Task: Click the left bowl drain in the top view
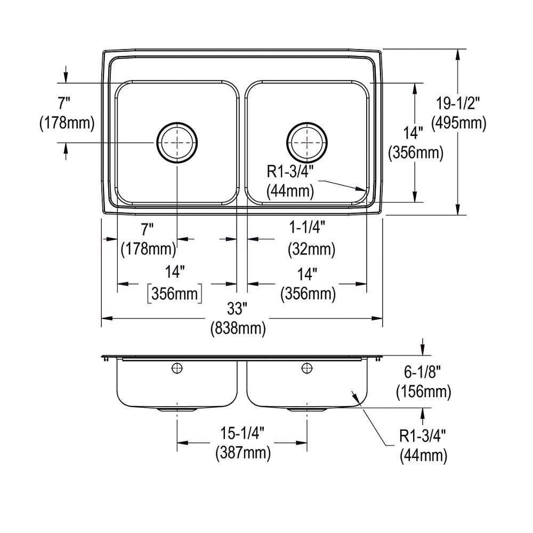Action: click(x=177, y=142)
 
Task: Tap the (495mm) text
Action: click(x=459, y=123)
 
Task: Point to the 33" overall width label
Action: click(x=238, y=308)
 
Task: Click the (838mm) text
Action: click(x=238, y=328)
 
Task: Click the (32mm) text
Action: click(x=312, y=248)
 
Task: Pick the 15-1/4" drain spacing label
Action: click(x=243, y=432)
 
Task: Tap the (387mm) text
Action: click(x=243, y=453)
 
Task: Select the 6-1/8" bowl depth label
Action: click(x=423, y=372)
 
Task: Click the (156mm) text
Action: click(x=423, y=392)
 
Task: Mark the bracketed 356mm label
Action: click(x=174, y=294)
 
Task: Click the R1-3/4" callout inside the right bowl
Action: click(x=289, y=170)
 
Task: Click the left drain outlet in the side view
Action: click(x=177, y=409)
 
